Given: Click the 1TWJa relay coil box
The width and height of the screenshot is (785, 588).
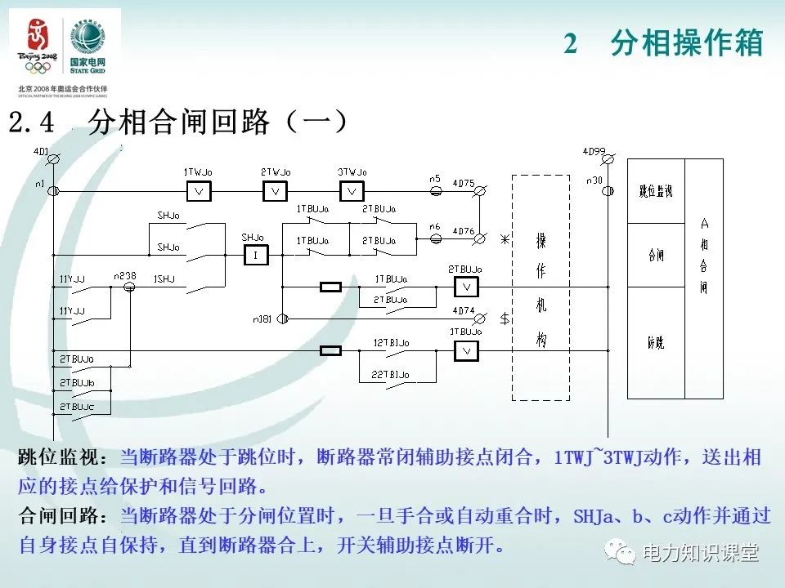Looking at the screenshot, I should pos(199,192).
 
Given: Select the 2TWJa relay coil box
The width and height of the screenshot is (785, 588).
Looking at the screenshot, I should pos(276,192).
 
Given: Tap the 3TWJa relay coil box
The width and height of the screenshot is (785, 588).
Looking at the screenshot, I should pos(352,192).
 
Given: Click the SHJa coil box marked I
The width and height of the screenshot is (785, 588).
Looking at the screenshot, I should pos(255,256).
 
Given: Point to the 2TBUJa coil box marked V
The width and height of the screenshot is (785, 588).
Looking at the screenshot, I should pos(465,287).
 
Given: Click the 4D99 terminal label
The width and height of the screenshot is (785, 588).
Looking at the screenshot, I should pos(594,151).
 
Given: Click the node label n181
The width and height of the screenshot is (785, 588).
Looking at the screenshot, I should pos(262,318).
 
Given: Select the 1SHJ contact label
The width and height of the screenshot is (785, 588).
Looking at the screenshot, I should pos(164,278).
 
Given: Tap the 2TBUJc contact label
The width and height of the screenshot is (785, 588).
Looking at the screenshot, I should pos(76,406).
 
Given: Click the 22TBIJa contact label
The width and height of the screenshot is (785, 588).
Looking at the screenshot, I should pos(391,374).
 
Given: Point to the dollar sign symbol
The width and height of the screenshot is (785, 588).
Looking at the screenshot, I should pos(505,318).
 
